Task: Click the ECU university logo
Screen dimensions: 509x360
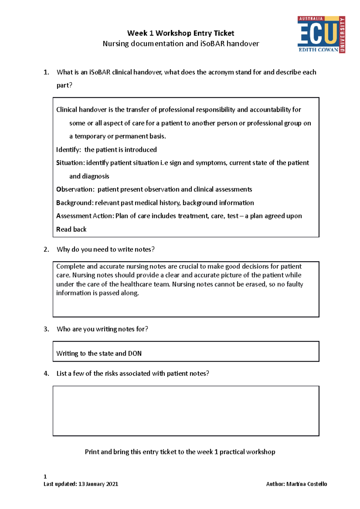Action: coord(321,34)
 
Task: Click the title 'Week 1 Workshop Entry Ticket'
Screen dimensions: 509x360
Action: coord(180,33)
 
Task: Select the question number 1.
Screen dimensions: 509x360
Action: coord(46,72)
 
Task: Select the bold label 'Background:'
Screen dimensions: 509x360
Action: coord(75,203)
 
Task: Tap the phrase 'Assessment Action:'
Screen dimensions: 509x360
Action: coord(85,216)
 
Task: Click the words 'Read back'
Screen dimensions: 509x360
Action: coord(71,229)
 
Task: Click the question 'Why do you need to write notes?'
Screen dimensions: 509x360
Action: coord(105,249)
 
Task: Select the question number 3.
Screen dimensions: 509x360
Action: coord(46,329)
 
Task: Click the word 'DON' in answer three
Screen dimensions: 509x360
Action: coord(135,353)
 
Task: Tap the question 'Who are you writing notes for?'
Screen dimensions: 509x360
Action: coord(102,329)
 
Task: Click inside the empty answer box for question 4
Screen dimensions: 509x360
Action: coord(186,411)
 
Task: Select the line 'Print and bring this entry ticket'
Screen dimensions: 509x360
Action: coord(180,452)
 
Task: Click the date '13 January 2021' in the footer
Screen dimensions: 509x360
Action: coord(98,484)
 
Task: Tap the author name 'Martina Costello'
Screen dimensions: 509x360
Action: coord(306,484)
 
